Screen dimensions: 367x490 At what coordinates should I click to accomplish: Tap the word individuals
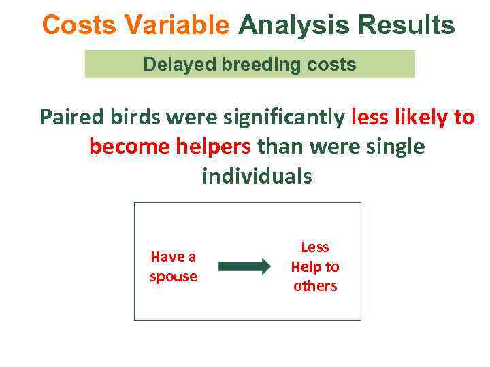[257, 177]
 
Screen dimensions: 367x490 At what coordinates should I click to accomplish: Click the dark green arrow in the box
[244, 266]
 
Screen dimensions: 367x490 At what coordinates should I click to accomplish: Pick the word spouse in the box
[174, 277]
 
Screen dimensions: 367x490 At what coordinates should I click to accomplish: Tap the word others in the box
[315, 286]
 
